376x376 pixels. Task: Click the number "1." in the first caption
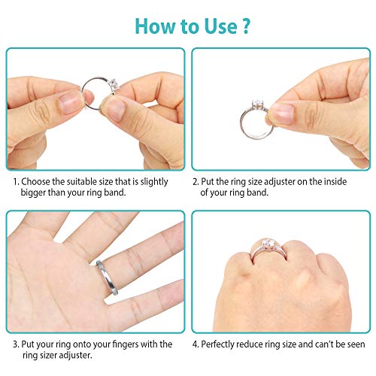pyautogui.click(x=15, y=181)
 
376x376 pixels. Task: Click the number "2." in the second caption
pyautogui.click(x=196, y=181)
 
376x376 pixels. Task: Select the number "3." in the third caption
pyautogui.click(x=15, y=344)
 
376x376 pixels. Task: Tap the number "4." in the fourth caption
pyautogui.click(x=196, y=344)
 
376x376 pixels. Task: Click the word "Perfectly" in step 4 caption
pyautogui.click(x=223, y=344)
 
